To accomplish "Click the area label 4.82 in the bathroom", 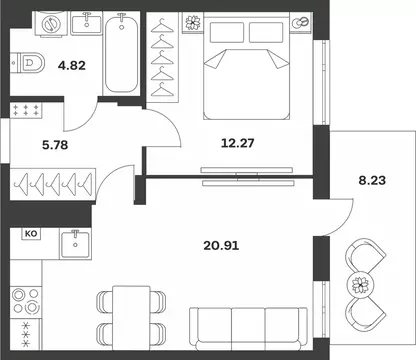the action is click(x=72, y=65).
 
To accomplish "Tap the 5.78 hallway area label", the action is click(x=55, y=145).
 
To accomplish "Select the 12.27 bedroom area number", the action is click(x=238, y=143).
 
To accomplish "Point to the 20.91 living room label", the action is click(x=221, y=246).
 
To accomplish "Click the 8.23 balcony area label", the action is click(x=372, y=180).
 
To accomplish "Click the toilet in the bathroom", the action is click(x=27, y=62).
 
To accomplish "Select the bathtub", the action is click(x=121, y=53).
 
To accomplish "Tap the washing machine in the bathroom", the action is click(x=51, y=23).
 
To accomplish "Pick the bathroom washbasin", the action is click(x=87, y=23).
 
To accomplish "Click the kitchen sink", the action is click(x=75, y=244).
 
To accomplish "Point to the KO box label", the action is click(x=31, y=234).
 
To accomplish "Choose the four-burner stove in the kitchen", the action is click(x=25, y=302).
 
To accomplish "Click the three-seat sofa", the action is click(x=248, y=329).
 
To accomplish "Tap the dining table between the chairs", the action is click(x=131, y=318).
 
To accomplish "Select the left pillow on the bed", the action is click(x=227, y=32).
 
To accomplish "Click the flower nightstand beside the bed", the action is click(x=193, y=23).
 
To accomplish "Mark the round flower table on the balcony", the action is click(x=360, y=285).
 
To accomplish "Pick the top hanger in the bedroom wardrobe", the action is click(x=162, y=27).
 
